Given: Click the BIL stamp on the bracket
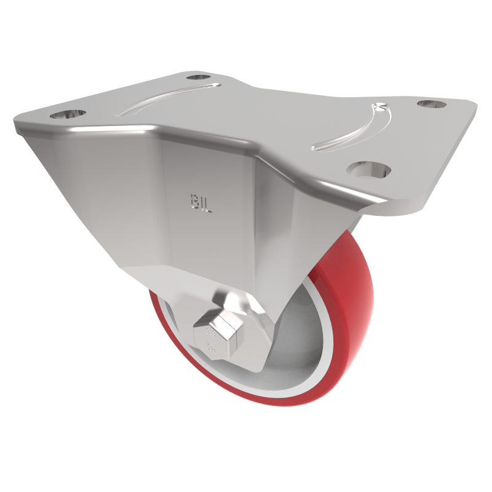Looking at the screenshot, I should tap(199, 204).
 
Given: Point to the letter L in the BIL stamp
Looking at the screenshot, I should tap(207, 205).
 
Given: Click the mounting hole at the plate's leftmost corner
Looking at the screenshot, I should tap(67, 114).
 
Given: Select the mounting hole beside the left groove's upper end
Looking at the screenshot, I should tap(198, 77).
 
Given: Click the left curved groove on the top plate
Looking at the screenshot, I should tap(166, 97).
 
